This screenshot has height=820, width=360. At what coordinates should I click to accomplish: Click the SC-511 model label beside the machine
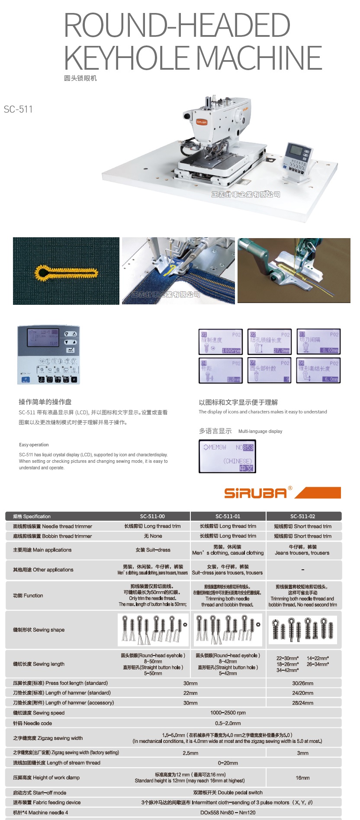coord(18,109)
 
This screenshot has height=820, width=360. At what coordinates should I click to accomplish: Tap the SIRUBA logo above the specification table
coord(255,493)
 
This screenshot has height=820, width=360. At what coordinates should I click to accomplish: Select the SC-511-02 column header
coord(303,516)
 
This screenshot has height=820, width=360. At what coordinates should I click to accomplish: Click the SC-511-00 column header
coord(152,516)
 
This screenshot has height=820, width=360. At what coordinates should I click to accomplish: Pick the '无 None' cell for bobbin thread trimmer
coord(153,536)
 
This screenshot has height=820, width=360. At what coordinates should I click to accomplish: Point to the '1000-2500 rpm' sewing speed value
coord(228,713)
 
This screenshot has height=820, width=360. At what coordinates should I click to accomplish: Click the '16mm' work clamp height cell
coord(302,778)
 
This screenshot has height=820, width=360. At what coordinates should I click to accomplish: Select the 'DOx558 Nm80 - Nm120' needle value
coord(228,812)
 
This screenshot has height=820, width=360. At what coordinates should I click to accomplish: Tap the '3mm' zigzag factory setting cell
coord(302,753)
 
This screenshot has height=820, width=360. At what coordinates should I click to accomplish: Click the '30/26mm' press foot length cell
coord(302,683)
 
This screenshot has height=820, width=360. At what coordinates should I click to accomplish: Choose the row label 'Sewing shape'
coord(39,630)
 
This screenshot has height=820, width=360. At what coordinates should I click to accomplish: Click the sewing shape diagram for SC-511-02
coord(303,630)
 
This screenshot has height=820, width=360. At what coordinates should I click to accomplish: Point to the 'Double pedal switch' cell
coord(228,792)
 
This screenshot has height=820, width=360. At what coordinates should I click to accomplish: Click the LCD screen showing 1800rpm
coord(221,342)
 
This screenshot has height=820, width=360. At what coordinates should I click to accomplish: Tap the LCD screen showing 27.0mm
coord(269,342)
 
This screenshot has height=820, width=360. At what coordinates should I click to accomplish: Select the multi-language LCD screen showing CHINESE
coord(227,456)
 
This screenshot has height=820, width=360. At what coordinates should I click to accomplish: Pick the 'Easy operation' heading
coord(34,445)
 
